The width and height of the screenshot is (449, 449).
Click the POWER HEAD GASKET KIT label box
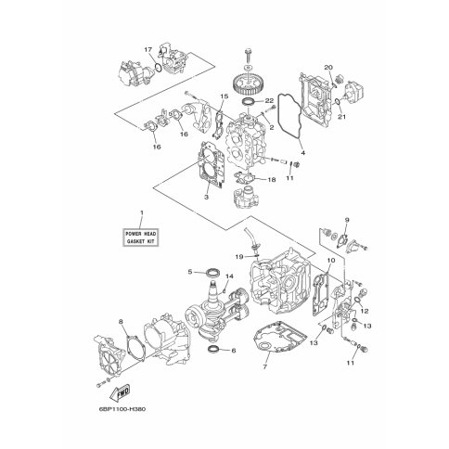point(141,237)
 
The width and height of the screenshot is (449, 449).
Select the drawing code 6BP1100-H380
point(122,409)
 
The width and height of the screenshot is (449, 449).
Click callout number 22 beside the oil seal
point(270,101)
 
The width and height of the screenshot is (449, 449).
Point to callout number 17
point(148,49)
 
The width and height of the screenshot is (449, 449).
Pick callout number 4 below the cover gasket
point(303,152)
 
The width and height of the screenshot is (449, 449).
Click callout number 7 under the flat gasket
point(264,367)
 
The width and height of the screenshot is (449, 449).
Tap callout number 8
point(121,322)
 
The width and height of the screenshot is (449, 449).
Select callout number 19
point(239,256)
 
